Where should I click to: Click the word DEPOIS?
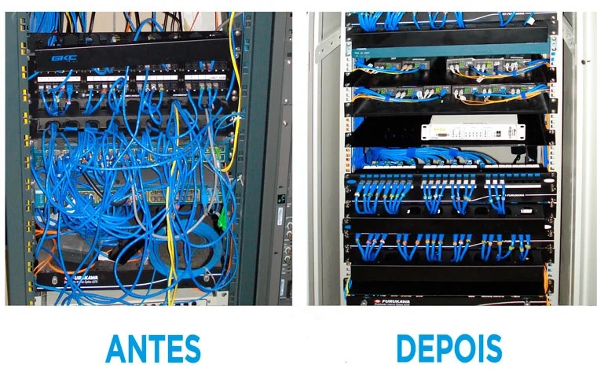(449, 347)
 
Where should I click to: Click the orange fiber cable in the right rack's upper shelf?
(385, 76)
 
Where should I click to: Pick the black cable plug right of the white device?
(519, 147)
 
